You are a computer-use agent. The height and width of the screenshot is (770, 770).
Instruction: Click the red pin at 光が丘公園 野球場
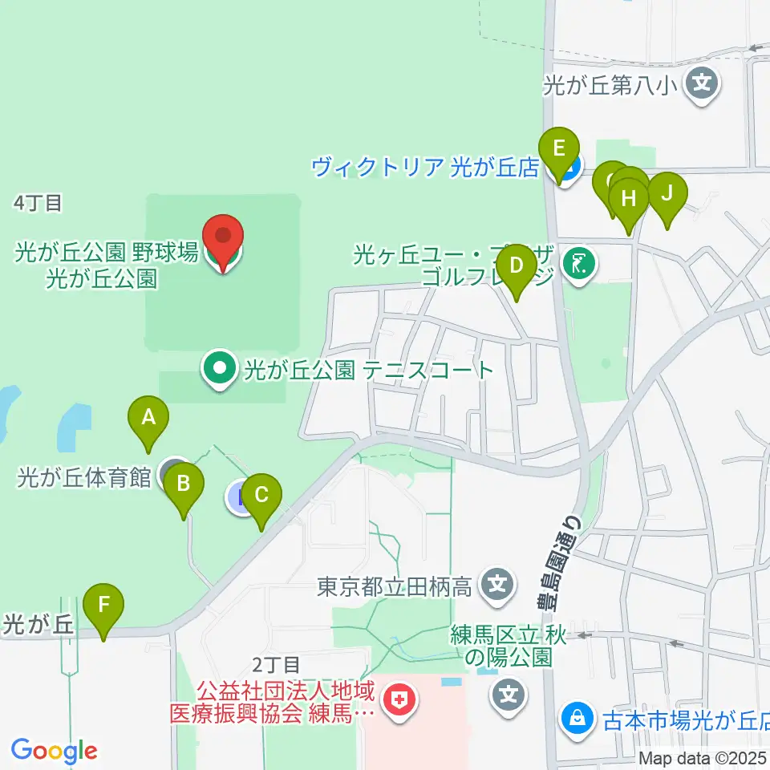pos(222,237)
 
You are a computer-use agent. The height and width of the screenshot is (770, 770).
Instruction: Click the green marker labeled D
pos(517,265)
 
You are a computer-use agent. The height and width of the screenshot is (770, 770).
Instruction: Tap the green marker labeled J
pos(667,193)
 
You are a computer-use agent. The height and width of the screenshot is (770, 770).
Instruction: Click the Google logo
pos(54,751)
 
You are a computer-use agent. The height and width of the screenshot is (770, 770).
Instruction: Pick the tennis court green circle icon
pos(218,370)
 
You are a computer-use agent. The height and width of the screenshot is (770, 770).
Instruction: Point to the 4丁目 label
pos(38,204)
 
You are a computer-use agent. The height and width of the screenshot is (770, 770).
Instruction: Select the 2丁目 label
pos(277,664)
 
